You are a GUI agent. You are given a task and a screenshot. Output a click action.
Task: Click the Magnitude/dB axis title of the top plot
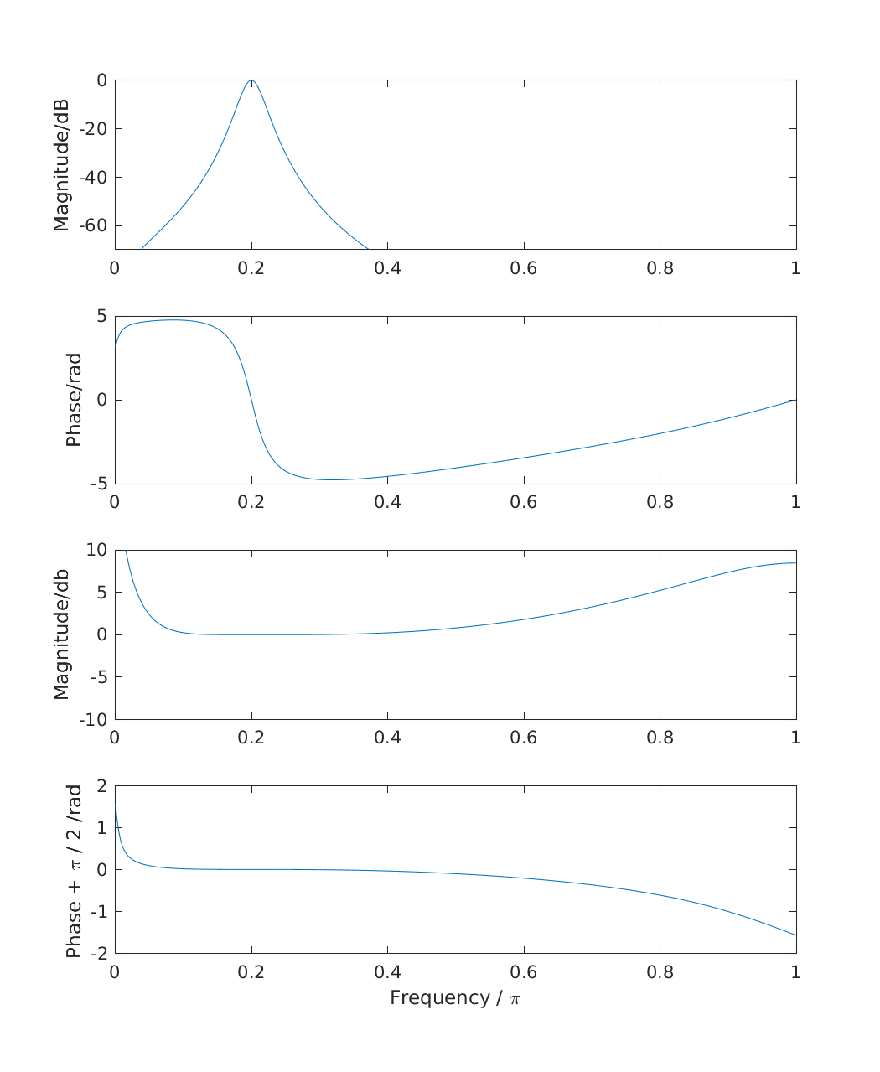coord(61,165)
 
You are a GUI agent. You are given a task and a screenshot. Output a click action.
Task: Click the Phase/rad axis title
coord(74,400)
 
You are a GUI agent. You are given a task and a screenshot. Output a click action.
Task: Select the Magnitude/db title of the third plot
coord(61,634)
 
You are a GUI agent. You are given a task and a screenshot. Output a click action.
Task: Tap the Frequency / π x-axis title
coord(455,998)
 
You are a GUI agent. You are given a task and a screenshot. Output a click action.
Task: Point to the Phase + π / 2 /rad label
coord(74,870)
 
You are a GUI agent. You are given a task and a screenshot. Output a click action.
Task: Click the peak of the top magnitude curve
coord(251,80)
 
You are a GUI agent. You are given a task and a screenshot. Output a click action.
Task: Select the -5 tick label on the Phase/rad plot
coord(99,484)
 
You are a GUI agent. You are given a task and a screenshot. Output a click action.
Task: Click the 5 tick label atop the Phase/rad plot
coord(102,316)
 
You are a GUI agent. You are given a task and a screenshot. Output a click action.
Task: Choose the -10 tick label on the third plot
coord(93,719)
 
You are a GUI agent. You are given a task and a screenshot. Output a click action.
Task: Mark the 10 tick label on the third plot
coord(96,550)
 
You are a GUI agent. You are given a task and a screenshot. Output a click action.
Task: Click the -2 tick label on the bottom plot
coord(99,954)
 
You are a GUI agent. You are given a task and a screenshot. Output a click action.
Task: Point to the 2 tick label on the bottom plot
coord(102,786)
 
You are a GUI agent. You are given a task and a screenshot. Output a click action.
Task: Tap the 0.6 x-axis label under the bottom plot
coord(524,972)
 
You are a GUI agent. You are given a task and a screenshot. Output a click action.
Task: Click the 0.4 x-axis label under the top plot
coord(387,268)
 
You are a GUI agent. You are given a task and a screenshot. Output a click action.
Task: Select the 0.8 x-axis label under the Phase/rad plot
coord(660,503)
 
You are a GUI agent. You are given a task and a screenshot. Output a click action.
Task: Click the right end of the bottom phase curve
coord(795,935)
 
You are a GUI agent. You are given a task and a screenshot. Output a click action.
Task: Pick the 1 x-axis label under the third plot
coord(795,738)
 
